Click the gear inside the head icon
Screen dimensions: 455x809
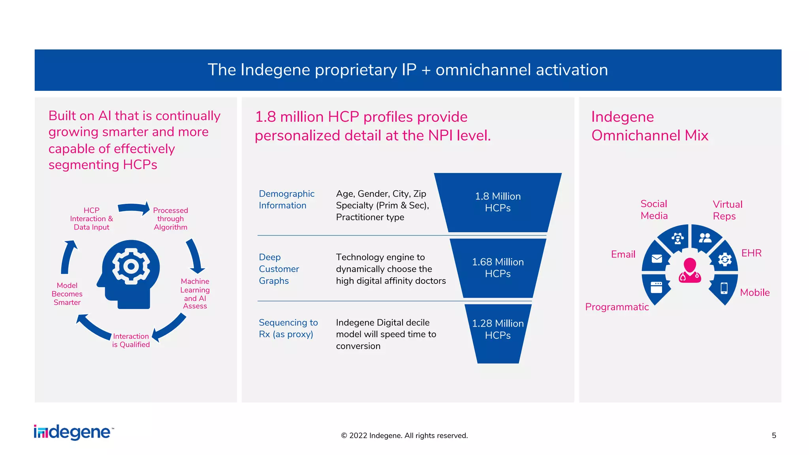pyautogui.click(x=131, y=266)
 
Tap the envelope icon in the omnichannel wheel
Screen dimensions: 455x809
pyautogui.click(x=657, y=259)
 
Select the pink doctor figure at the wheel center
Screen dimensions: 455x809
pyautogui.click(x=690, y=271)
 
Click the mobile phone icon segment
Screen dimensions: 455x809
pyautogui.click(x=724, y=288)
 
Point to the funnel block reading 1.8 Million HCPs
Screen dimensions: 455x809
pyautogui.click(x=498, y=202)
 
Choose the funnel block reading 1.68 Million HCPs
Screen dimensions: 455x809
pyautogui.click(x=498, y=268)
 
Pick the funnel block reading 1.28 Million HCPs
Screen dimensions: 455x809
pyautogui.click(x=498, y=329)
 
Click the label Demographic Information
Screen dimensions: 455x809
pyautogui.click(x=286, y=199)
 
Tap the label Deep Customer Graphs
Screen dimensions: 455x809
pyautogui.click(x=278, y=269)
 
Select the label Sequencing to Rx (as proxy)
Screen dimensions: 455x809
pyautogui.click(x=288, y=328)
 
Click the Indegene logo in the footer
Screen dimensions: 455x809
pyautogui.click(x=73, y=432)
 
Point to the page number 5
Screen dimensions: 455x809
pyautogui.click(x=774, y=435)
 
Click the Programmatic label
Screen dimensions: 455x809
pyautogui.click(x=617, y=307)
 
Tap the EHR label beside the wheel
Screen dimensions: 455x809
pyautogui.click(x=751, y=253)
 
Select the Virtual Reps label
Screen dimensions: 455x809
pyautogui.click(x=727, y=210)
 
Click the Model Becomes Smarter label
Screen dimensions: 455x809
pyautogui.click(x=67, y=294)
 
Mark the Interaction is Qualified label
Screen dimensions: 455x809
pyautogui.click(x=131, y=340)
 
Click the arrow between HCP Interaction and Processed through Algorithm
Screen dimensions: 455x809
pyautogui.click(x=134, y=208)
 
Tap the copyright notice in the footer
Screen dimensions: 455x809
pyautogui.click(x=404, y=435)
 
